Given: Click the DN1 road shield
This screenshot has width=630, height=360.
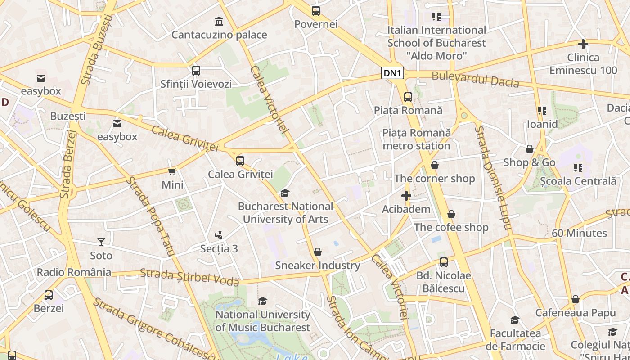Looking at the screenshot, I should [393, 73].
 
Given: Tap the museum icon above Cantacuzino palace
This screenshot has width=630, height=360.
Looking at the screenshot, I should [219, 21].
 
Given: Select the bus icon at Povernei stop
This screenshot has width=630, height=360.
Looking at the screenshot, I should [316, 11].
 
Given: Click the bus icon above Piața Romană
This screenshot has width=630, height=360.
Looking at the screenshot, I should [408, 97].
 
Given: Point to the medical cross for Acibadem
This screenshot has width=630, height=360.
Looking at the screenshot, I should [406, 196].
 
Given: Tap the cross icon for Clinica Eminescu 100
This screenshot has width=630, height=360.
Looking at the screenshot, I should [583, 44].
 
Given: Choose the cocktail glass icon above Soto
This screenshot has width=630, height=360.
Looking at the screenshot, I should [101, 242].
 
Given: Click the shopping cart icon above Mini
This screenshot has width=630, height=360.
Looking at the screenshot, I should [172, 171].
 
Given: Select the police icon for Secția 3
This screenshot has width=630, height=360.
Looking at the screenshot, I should [219, 235].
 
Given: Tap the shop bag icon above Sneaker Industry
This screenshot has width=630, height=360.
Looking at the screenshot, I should [318, 252].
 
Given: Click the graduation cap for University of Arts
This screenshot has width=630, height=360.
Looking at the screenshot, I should [285, 193].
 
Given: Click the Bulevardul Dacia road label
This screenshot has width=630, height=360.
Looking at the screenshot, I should [475, 80].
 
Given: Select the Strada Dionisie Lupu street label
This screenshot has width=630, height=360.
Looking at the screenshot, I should [493, 178].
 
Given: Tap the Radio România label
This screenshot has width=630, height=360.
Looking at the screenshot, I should [74, 272].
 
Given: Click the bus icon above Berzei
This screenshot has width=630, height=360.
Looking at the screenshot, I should [49, 295].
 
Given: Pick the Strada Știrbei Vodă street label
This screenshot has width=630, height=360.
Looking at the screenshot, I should [189, 277].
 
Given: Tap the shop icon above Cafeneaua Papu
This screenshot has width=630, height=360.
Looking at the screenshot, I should [575, 300].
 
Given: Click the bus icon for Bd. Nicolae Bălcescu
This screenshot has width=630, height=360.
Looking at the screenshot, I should [444, 262].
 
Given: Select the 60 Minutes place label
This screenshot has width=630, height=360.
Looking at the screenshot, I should [579, 233].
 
